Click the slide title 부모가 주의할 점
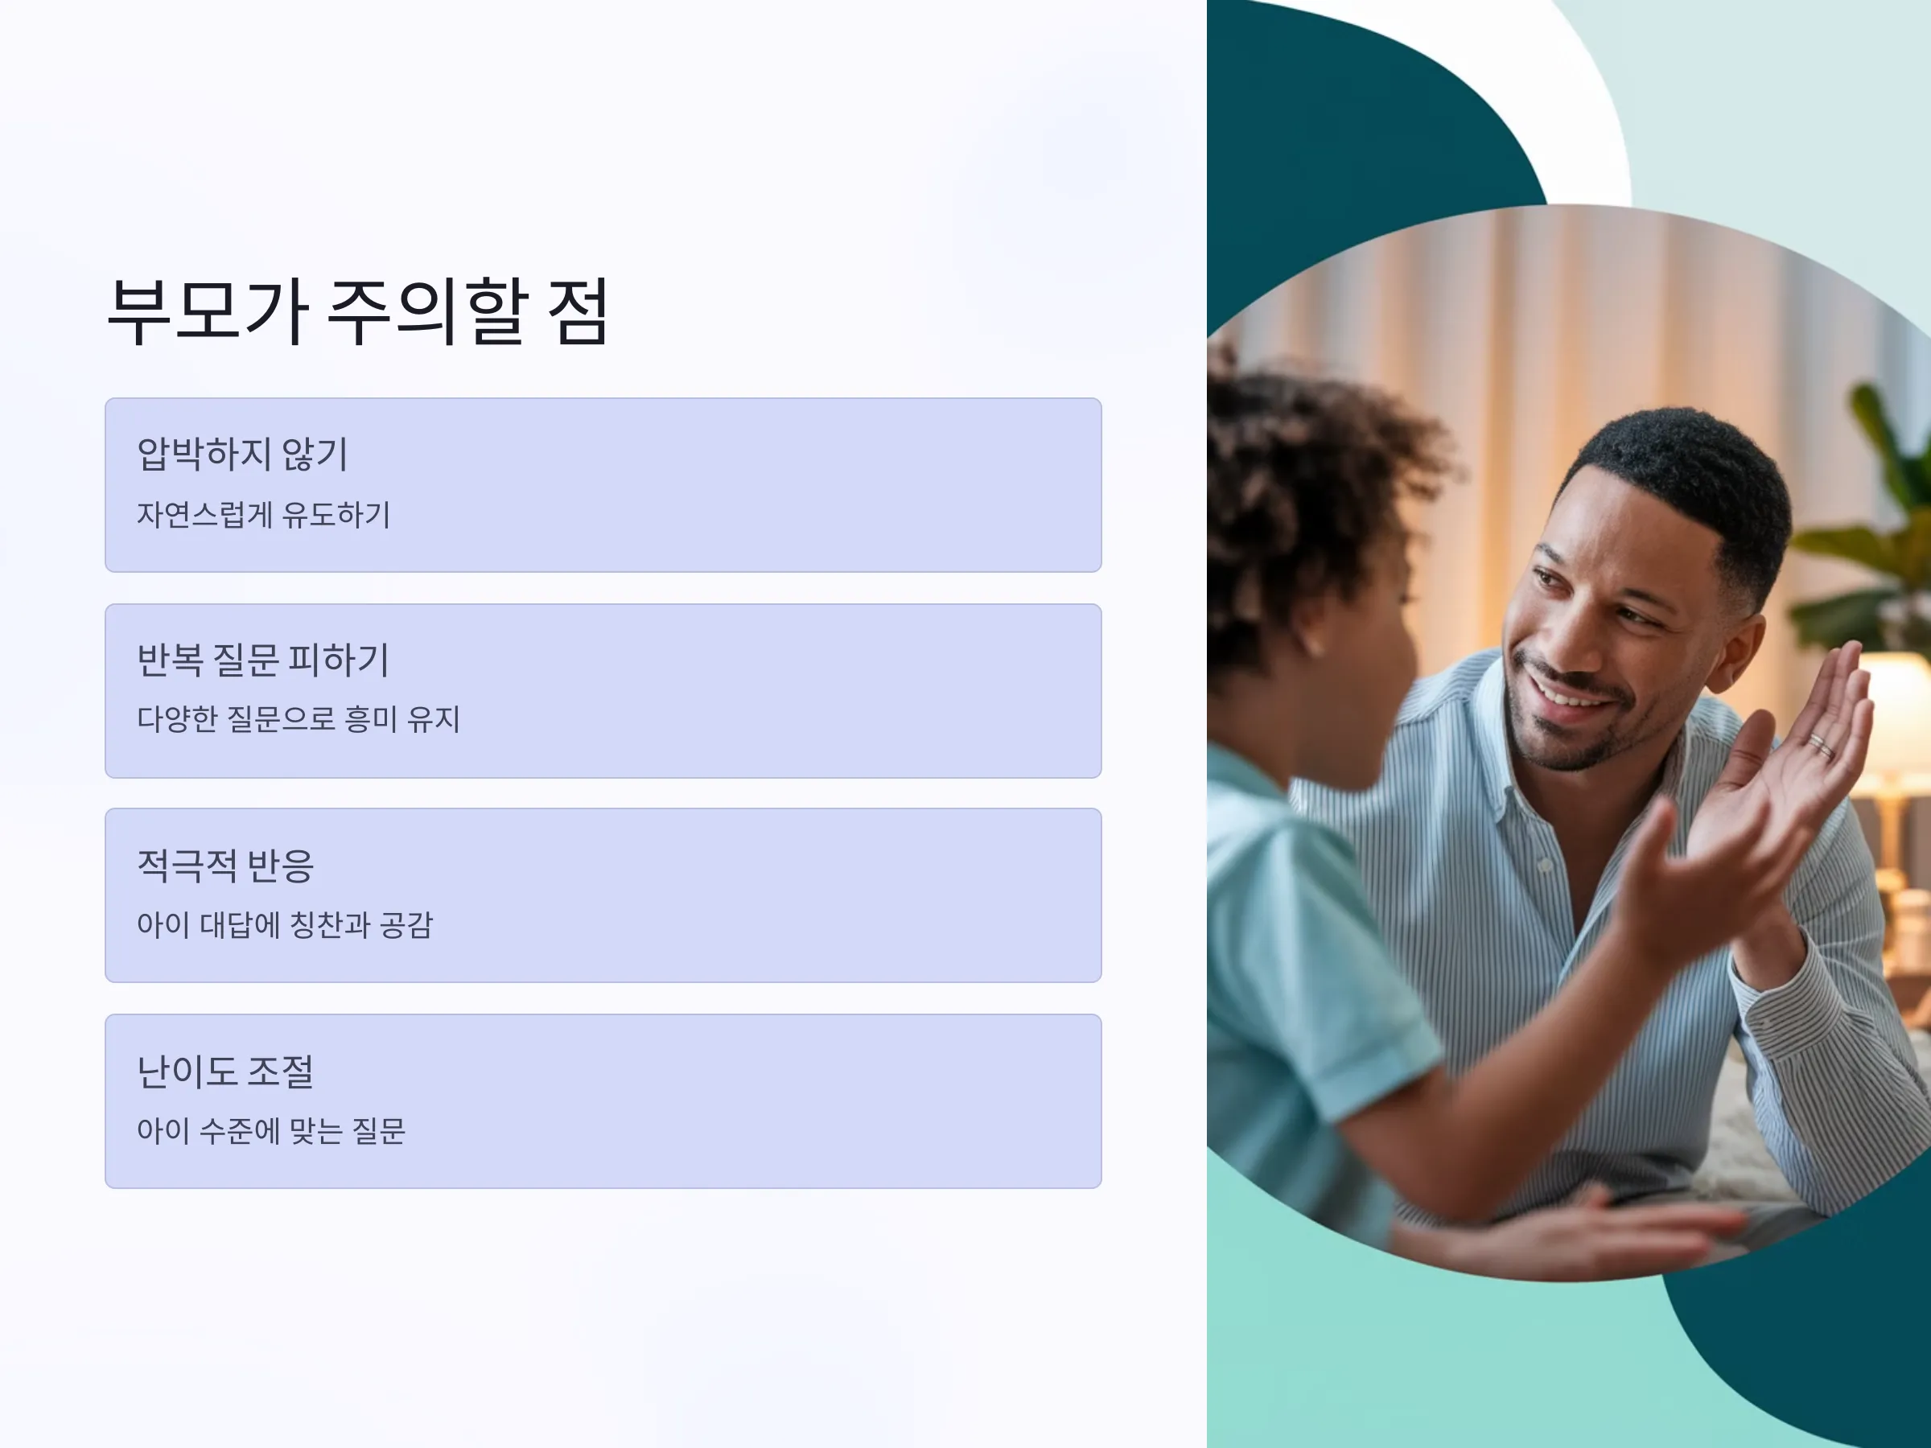(x=358, y=311)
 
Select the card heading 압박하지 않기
(x=243, y=454)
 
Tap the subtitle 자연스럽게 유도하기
(x=264, y=514)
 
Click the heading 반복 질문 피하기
(x=263, y=660)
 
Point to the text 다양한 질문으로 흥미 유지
(x=299, y=719)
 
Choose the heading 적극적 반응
(x=225, y=865)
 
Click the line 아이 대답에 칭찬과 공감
(x=286, y=925)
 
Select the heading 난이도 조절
(x=225, y=1071)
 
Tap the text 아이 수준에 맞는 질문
(x=271, y=1130)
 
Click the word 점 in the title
(x=578, y=311)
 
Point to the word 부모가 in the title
(x=208, y=311)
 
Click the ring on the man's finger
(x=1820, y=744)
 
